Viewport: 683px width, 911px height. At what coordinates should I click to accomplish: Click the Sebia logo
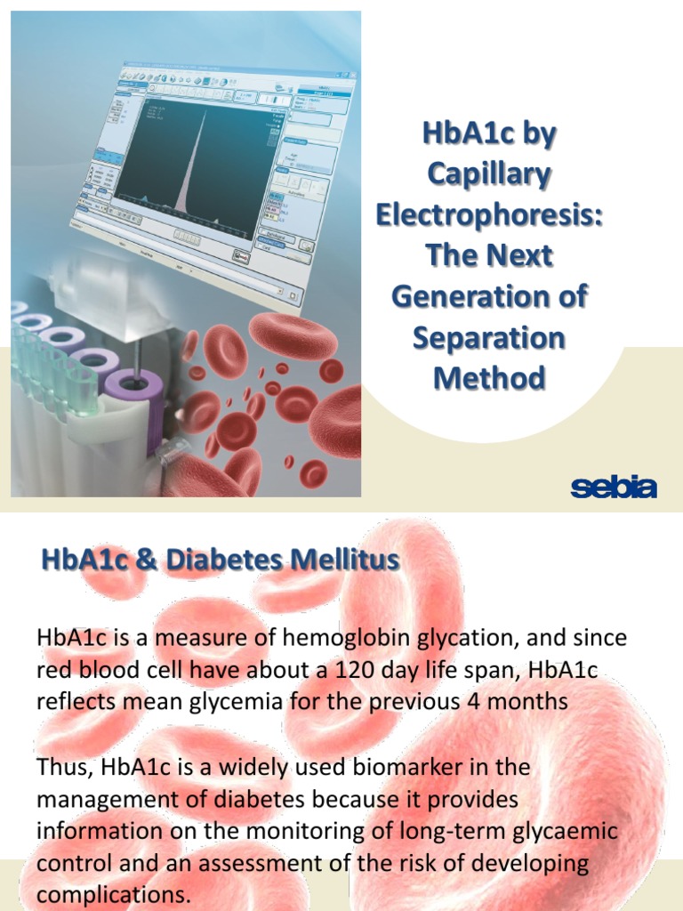tap(613, 488)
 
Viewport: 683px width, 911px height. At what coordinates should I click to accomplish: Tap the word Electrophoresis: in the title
tap(488, 214)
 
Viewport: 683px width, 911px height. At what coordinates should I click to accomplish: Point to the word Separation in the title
tap(488, 337)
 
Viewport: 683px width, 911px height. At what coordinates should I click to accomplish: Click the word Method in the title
tap(488, 378)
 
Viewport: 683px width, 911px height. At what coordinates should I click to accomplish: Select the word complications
tap(114, 894)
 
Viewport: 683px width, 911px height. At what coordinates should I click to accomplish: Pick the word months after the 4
tap(523, 701)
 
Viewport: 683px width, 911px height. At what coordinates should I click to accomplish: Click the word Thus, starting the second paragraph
tap(66, 766)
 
